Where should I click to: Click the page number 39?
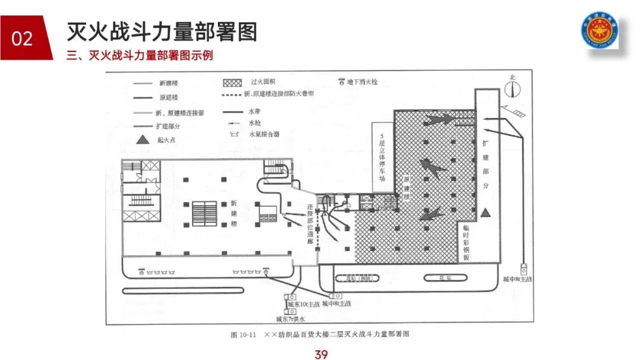point(321,354)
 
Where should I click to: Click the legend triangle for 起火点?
point(142,139)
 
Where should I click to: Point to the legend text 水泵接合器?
point(265,135)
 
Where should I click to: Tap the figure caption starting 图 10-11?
point(320,334)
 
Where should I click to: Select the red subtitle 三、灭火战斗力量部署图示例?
point(140,56)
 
